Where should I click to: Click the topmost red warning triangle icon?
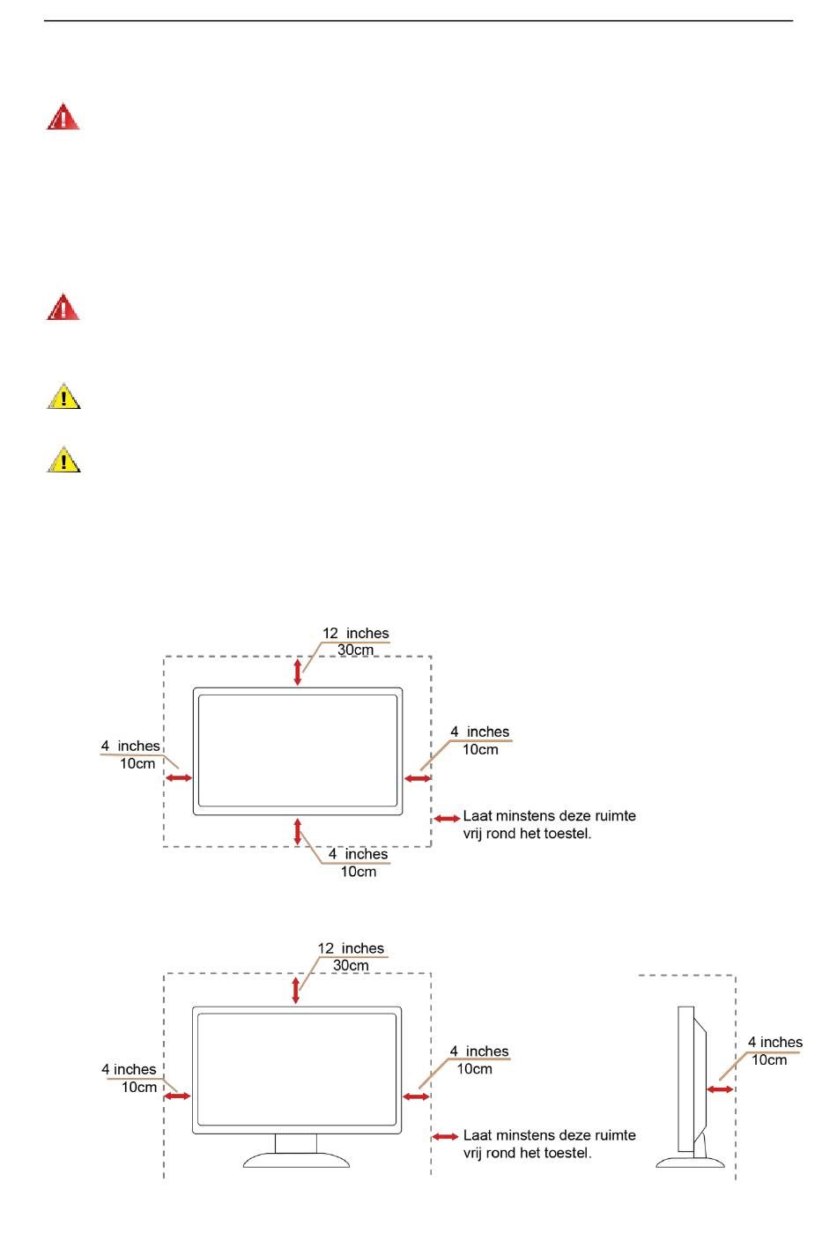[x=63, y=117]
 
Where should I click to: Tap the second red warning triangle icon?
[x=63, y=307]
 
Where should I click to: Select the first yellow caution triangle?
[x=63, y=396]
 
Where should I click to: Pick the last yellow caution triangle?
[x=63, y=459]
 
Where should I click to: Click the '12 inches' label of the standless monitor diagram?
[x=356, y=633]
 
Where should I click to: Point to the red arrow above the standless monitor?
[x=298, y=672]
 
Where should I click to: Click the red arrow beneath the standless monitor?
[x=298, y=831]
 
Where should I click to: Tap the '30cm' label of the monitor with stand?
[x=351, y=965]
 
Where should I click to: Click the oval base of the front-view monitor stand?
[x=296, y=1160]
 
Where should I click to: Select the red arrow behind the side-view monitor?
[x=720, y=1089]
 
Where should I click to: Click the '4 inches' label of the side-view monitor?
[x=775, y=1042]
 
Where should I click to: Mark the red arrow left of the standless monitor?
[x=179, y=778]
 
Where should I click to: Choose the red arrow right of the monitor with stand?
[x=416, y=1096]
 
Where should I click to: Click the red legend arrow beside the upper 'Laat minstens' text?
[x=447, y=818]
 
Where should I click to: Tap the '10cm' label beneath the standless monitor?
[x=359, y=872]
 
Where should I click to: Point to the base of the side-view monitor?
[x=690, y=1163]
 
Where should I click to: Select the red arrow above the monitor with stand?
[x=296, y=991]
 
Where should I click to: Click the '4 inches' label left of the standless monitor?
[x=130, y=747]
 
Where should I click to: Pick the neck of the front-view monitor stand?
[x=296, y=1143]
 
